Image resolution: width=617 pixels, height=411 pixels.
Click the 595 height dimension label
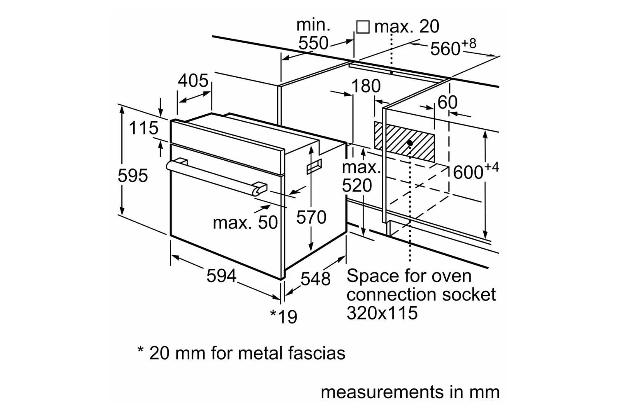pyautogui.click(x=133, y=175)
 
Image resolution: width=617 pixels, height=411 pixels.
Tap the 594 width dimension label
pyautogui.click(x=221, y=275)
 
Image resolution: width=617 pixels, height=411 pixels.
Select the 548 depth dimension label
pyautogui.click(x=315, y=279)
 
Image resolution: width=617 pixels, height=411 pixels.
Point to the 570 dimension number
pyautogui.click(x=311, y=217)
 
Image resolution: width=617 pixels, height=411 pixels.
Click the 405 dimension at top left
pyautogui.click(x=193, y=81)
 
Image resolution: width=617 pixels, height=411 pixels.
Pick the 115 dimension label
pyautogui.click(x=144, y=128)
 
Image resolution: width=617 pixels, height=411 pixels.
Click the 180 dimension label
pyautogui.click(x=366, y=85)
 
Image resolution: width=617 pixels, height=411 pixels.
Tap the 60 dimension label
pyautogui.click(x=448, y=102)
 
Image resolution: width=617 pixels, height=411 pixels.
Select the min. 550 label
pyautogui.click(x=313, y=34)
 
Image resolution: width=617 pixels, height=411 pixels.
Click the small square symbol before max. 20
pyautogui.click(x=363, y=27)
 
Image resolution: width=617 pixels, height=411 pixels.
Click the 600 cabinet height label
pyautogui.click(x=476, y=171)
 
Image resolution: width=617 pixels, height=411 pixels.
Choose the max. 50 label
pyautogui.click(x=246, y=222)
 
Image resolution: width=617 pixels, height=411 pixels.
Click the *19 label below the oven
pyautogui.click(x=284, y=316)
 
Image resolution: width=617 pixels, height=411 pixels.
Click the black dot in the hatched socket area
pyautogui.click(x=410, y=143)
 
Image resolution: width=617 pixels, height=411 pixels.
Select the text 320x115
pyautogui.click(x=382, y=313)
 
